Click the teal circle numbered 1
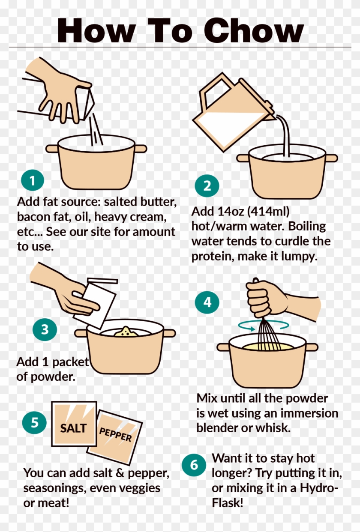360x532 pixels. coord(32,181)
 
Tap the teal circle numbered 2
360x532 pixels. coord(207,186)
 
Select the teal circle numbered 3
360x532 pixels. coord(45,329)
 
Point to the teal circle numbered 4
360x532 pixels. coord(207,302)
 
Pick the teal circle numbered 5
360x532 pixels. coord(35,423)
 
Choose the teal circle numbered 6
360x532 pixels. coord(194,465)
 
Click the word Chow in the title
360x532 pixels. coord(253,31)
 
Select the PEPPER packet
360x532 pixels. coord(115,436)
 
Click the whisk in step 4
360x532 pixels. coord(269,334)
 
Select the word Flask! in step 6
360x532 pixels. coord(228,502)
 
